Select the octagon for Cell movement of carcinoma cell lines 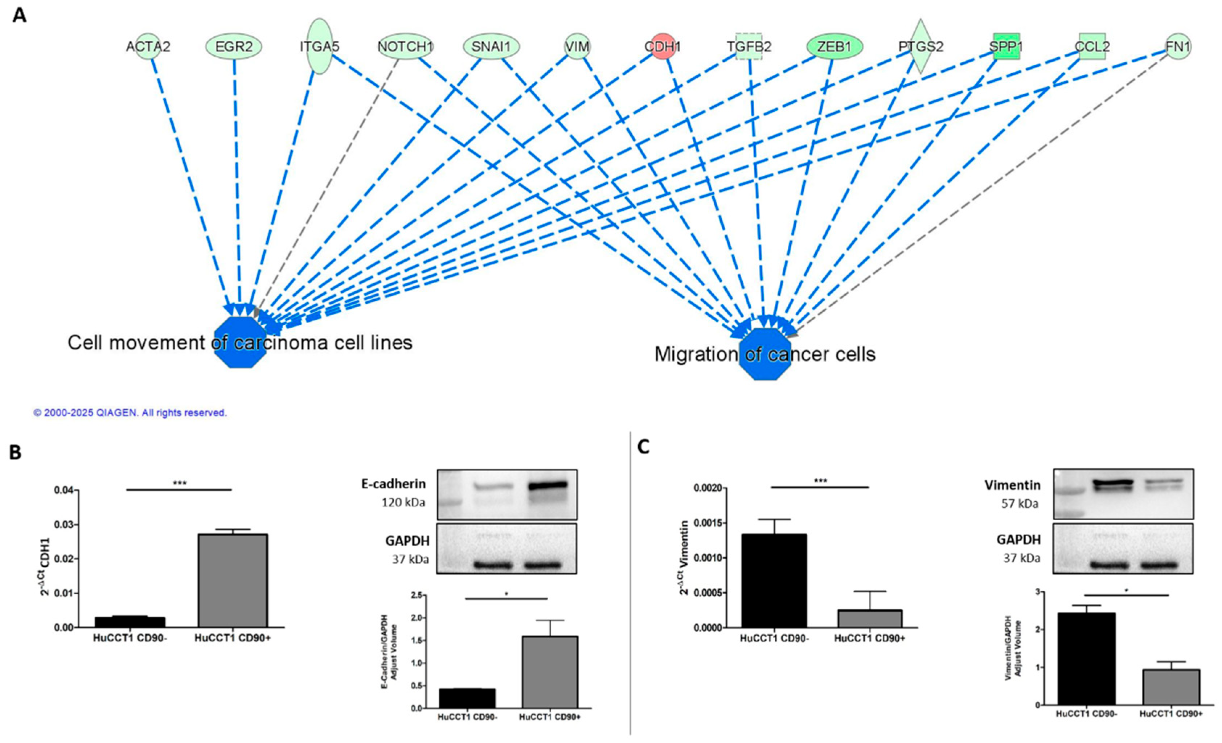[241, 342]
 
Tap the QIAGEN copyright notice [130, 412]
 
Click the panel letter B [16, 453]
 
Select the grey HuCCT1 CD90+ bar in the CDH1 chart [233, 580]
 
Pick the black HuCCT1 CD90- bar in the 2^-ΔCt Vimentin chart [774, 581]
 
